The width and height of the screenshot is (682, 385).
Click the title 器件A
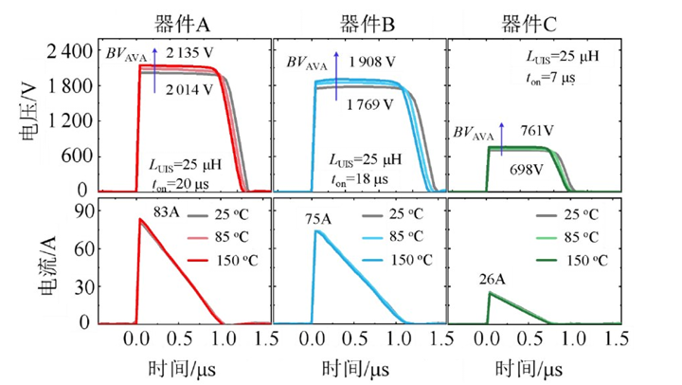(182, 24)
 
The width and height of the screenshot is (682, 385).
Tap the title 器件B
(368, 24)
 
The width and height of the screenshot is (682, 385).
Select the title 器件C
(529, 24)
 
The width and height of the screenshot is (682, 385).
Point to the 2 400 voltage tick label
(69, 52)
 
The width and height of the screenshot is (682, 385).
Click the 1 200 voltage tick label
(69, 120)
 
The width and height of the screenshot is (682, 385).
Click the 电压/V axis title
(29, 111)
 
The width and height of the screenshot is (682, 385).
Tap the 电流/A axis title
(48, 265)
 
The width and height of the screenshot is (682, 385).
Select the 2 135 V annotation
(189, 53)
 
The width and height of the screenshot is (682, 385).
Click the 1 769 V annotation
(369, 104)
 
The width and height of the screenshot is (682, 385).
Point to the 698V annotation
(527, 169)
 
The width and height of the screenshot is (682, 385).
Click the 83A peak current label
(166, 212)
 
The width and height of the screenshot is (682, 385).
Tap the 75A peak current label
(318, 219)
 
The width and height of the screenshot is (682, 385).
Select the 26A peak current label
(493, 279)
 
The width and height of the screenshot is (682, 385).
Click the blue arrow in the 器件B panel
(336, 76)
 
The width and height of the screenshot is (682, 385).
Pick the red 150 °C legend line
(199, 261)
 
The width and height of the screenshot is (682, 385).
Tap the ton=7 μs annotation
(550, 79)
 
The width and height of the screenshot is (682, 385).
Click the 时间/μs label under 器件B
(355, 369)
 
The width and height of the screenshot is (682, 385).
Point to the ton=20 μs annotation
(180, 184)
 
